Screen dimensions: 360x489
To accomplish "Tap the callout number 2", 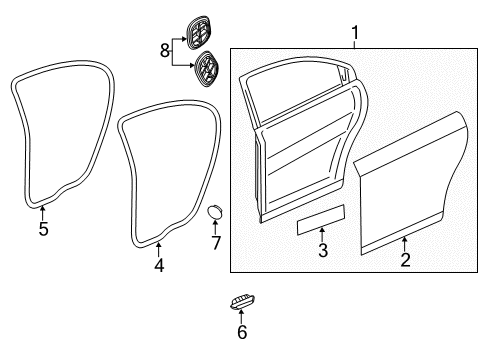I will click(404, 260).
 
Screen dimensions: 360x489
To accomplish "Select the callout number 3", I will click(322, 251).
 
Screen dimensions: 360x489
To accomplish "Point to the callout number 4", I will click(159, 265).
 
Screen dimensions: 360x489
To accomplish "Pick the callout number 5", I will click(43, 228).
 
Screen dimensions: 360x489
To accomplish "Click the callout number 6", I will click(242, 332).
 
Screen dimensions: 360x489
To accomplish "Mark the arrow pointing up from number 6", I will click(242, 316).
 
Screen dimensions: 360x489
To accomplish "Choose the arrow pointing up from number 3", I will click(322, 236).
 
